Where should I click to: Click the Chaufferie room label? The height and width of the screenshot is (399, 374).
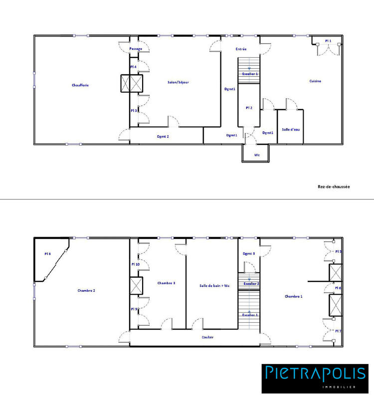80,85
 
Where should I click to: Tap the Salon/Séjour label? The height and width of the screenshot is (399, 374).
178,82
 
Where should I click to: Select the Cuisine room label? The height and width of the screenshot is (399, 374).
315,81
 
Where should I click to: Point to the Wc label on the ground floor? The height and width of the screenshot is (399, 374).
257,155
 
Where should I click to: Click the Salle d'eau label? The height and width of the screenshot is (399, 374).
290,129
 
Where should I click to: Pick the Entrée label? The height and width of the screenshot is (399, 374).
241,49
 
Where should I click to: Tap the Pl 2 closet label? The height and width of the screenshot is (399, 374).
249,108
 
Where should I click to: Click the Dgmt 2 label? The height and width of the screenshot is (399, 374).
163,136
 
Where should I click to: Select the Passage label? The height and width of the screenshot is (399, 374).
136,49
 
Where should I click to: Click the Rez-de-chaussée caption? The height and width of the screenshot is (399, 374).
334,187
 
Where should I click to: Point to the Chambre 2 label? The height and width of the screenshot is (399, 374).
86,290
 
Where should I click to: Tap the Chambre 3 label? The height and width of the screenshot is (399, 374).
166,283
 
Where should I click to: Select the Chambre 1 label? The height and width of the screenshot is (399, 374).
294,296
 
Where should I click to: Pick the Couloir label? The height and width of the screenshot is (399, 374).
208,337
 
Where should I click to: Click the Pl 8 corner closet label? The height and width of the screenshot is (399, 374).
47,254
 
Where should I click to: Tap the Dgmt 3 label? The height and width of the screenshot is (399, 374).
249,254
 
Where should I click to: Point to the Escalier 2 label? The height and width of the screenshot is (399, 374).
250,283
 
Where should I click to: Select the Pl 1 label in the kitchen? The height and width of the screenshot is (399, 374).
328,40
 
